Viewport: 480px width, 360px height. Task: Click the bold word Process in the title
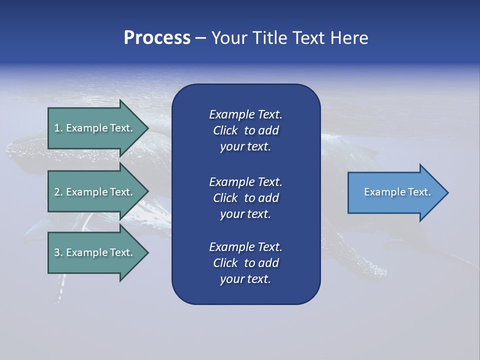pyautogui.click(x=157, y=38)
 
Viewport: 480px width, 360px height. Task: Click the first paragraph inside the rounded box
pyautogui.click(x=245, y=130)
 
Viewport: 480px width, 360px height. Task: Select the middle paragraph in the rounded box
pyautogui.click(x=245, y=198)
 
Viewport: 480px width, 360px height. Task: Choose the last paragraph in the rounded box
pyautogui.click(x=245, y=263)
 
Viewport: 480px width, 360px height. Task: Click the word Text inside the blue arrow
pyautogui.click(x=419, y=192)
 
